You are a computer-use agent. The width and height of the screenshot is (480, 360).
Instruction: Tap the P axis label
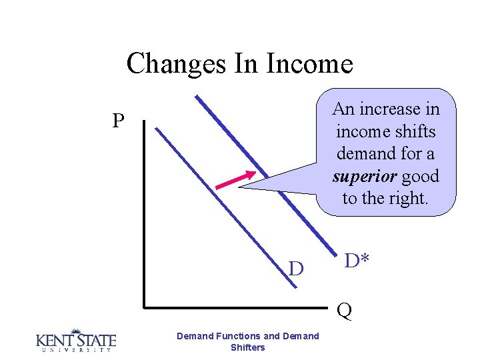click(119, 121)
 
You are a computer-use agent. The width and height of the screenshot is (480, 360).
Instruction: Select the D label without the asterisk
click(296, 269)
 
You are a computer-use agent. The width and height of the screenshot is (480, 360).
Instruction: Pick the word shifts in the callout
click(411, 131)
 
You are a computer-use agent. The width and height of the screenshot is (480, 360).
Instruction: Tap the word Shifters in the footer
click(247, 347)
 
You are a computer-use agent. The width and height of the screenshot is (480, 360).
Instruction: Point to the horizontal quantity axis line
click(240, 307)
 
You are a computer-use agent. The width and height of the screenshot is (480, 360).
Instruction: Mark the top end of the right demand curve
click(197, 98)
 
